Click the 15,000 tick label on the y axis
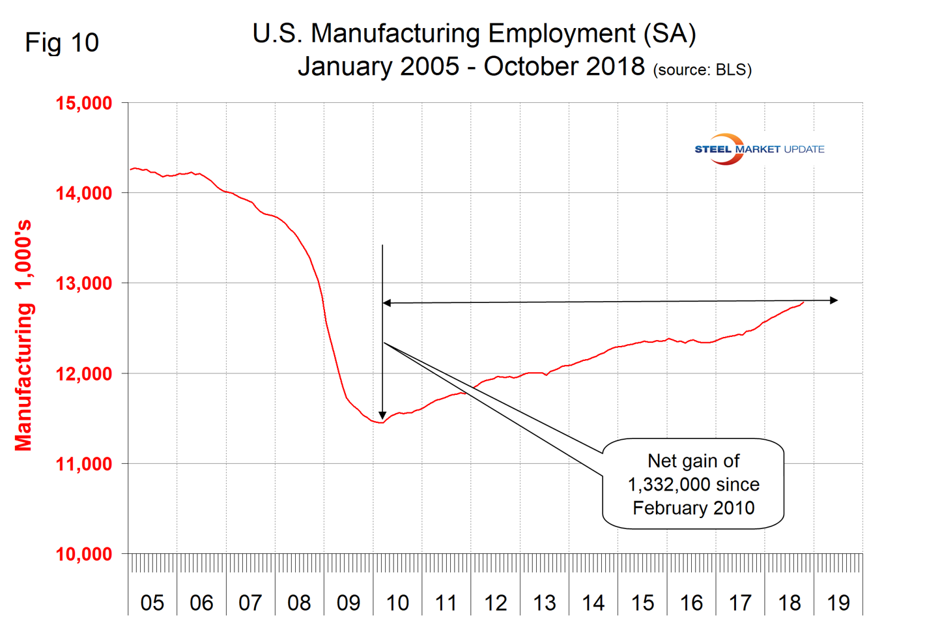pos(84,103)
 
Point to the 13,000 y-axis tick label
pos(84,283)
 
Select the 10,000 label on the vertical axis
pos(84,555)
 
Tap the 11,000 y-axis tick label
pos(84,464)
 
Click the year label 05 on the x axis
pos(152,603)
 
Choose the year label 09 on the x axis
pos(349,603)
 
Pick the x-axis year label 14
pos(593,603)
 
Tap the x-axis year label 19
pos(838,603)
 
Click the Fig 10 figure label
pos(62,43)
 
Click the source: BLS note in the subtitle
pos(702,70)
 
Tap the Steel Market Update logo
pos(759,149)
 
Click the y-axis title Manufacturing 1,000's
pos(23,336)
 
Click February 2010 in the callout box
pos(694,508)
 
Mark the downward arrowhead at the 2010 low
pos(382,415)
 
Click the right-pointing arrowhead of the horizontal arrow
pos(834,300)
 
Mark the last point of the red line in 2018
pos(803,302)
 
